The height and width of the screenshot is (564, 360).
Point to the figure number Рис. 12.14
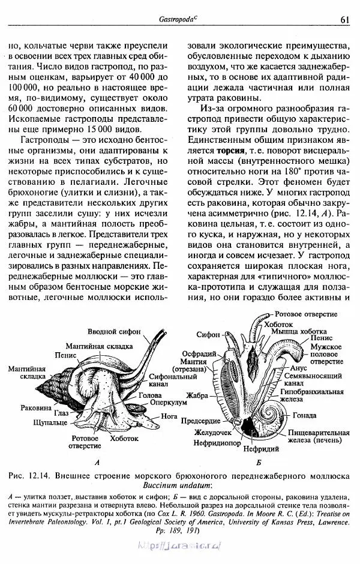[29, 475]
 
